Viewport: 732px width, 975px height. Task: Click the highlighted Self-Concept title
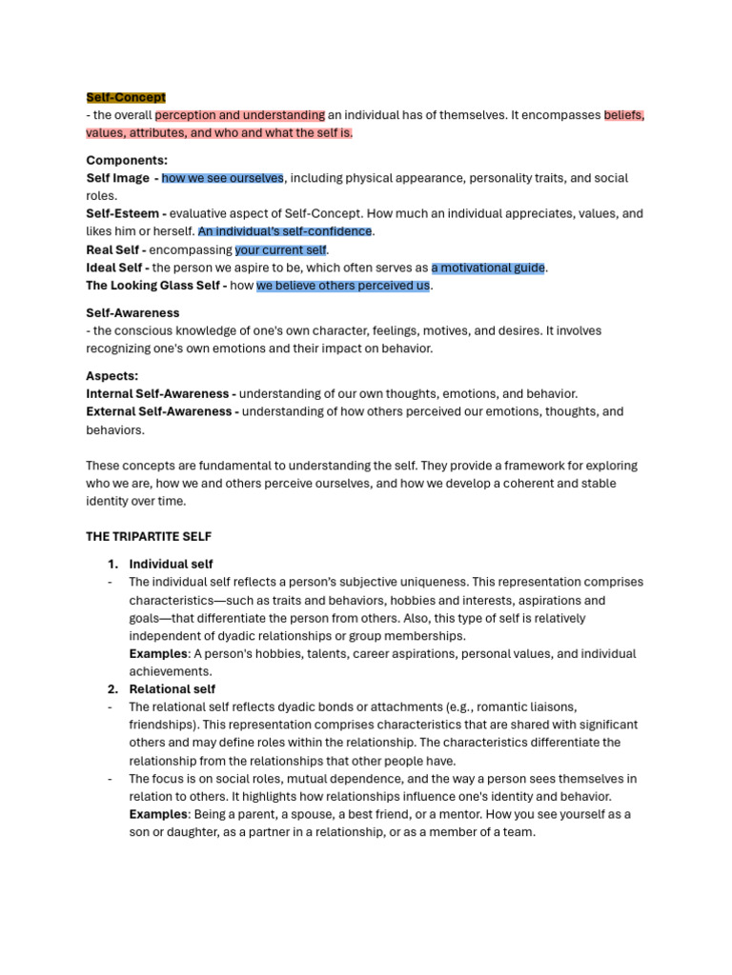tap(126, 97)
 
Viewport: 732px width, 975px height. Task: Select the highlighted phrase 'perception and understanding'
tap(240, 115)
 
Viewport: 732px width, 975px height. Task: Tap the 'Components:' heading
tap(127, 161)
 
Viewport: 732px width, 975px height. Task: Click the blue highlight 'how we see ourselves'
tap(223, 178)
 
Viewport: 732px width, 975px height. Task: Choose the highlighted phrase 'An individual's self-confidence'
tap(285, 231)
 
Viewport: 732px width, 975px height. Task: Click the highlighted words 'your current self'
tap(281, 249)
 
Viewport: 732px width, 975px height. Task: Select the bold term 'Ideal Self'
tap(115, 268)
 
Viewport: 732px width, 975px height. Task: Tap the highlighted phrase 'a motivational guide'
tap(489, 268)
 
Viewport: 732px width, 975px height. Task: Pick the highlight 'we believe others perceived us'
tap(343, 286)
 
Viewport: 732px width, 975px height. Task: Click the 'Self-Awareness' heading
tap(132, 312)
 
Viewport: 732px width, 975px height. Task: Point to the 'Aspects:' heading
tap(112, 376)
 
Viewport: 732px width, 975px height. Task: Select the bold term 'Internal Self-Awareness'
tap(158, 393)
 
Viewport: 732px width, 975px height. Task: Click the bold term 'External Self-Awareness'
tap(159, 411)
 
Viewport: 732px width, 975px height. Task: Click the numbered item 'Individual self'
tap(172, 564)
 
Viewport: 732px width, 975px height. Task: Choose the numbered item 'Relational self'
tap(173, 688)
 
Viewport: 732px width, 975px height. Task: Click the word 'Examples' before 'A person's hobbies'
tap(157, 654)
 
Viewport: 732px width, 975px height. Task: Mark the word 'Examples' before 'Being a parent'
tap(157, 814)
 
